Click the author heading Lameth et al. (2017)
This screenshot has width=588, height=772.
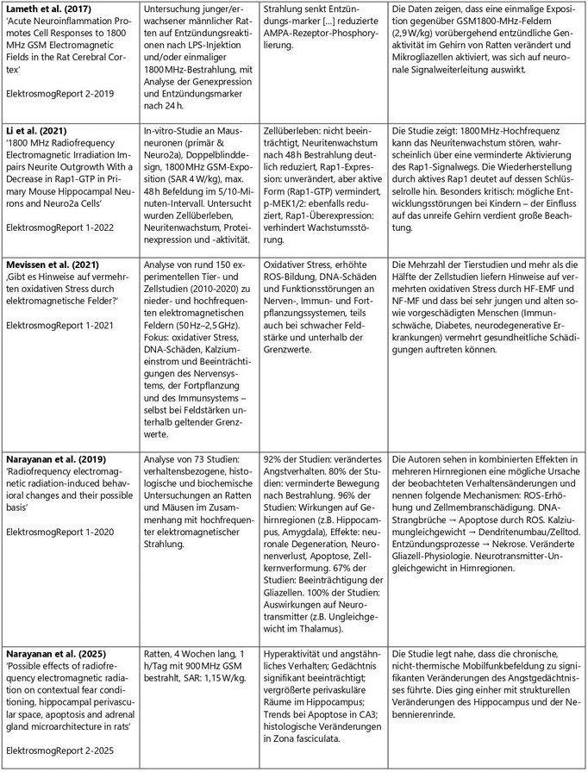[51, 9]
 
